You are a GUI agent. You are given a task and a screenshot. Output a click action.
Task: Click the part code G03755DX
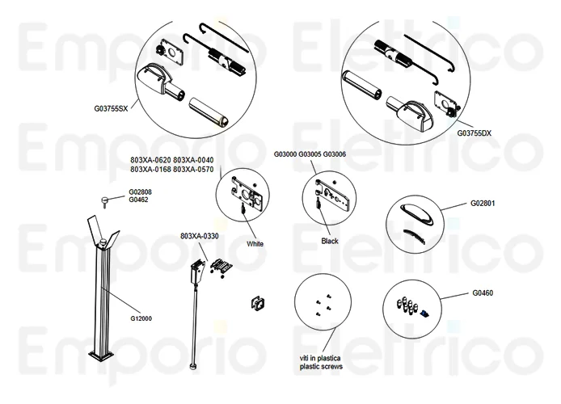pos(474,133)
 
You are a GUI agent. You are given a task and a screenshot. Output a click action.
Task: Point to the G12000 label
pos(141,318)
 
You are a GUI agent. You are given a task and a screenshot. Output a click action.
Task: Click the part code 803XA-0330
pos(200,236)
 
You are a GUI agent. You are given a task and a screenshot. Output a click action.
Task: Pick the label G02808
pos(141,192)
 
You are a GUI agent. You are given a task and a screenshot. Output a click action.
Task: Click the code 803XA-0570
pos(195,170)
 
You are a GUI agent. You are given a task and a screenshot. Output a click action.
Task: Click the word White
pos(255,244)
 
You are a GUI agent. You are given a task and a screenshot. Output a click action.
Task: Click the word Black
pos(330,242)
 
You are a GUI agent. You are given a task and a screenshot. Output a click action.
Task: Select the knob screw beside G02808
pos(103,198)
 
